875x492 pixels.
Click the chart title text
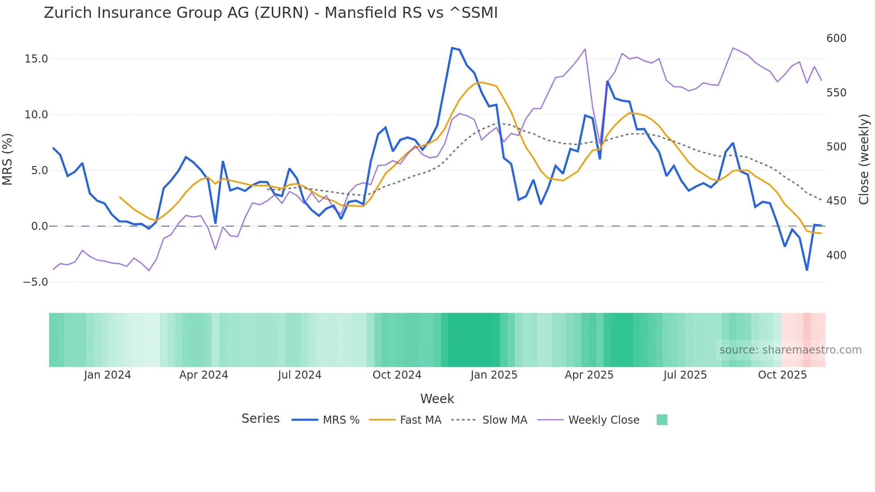271,13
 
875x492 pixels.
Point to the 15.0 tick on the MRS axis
36,59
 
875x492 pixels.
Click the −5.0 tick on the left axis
35,282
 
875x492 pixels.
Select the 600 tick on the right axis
836,38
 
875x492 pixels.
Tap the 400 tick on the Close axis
836,255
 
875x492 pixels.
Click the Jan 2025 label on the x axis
494,375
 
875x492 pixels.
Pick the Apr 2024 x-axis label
204,375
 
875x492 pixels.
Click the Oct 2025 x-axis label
782,375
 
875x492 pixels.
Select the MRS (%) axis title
7,159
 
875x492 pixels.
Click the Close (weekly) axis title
864,159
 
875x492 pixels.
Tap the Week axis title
437,399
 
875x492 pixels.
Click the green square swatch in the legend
662,420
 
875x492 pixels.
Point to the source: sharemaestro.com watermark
790,350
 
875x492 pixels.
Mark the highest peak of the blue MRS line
452,48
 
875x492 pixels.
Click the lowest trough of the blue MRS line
807,270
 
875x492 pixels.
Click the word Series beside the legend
260,419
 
